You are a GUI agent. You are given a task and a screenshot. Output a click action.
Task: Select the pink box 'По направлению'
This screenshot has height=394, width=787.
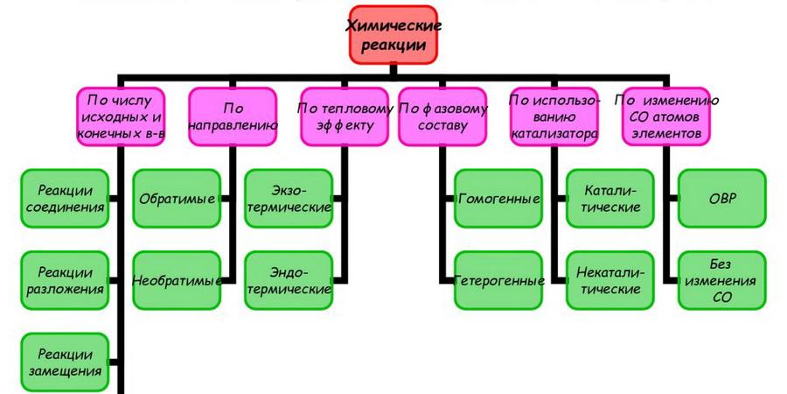click(233, 116)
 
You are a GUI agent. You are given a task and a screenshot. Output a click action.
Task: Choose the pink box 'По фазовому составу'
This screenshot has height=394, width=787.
click(442, 116)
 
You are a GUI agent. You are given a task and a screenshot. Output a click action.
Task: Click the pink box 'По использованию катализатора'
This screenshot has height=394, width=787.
click(554, 116)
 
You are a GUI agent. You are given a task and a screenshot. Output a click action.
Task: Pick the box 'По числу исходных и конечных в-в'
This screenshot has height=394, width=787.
click(122, 116)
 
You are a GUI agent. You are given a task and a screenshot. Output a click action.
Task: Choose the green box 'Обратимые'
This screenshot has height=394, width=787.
click(178, 199)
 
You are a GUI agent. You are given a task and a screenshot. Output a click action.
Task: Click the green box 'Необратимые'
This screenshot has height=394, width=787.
click(178, 280)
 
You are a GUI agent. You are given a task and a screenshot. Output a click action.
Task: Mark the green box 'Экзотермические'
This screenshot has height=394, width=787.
click(289, 199)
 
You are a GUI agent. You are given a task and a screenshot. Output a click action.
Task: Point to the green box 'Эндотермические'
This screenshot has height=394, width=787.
click(289, 280)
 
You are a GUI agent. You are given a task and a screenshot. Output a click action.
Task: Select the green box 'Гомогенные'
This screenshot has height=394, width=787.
click(499, 199)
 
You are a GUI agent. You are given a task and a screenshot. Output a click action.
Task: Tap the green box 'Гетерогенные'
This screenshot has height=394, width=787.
click(499, 280)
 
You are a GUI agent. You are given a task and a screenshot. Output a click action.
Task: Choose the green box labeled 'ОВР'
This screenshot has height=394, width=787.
click(722, 199)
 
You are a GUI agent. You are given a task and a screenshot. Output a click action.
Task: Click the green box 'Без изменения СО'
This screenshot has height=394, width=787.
click(722, 280)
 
